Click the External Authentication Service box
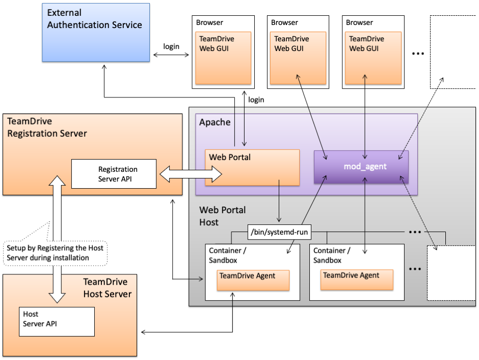[96, 33]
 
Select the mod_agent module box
[361, 166]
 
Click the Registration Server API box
[114, 174]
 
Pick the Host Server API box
[56, 321]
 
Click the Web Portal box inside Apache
[252, 167]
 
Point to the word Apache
[215, 122]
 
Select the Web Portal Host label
[222, 216]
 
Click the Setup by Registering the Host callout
[55, 252]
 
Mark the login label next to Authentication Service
[171, 46]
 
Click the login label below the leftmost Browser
[256, 99]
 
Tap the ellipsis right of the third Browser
[417, 54]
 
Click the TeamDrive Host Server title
[108, 288]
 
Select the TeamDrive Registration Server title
[47, 127]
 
